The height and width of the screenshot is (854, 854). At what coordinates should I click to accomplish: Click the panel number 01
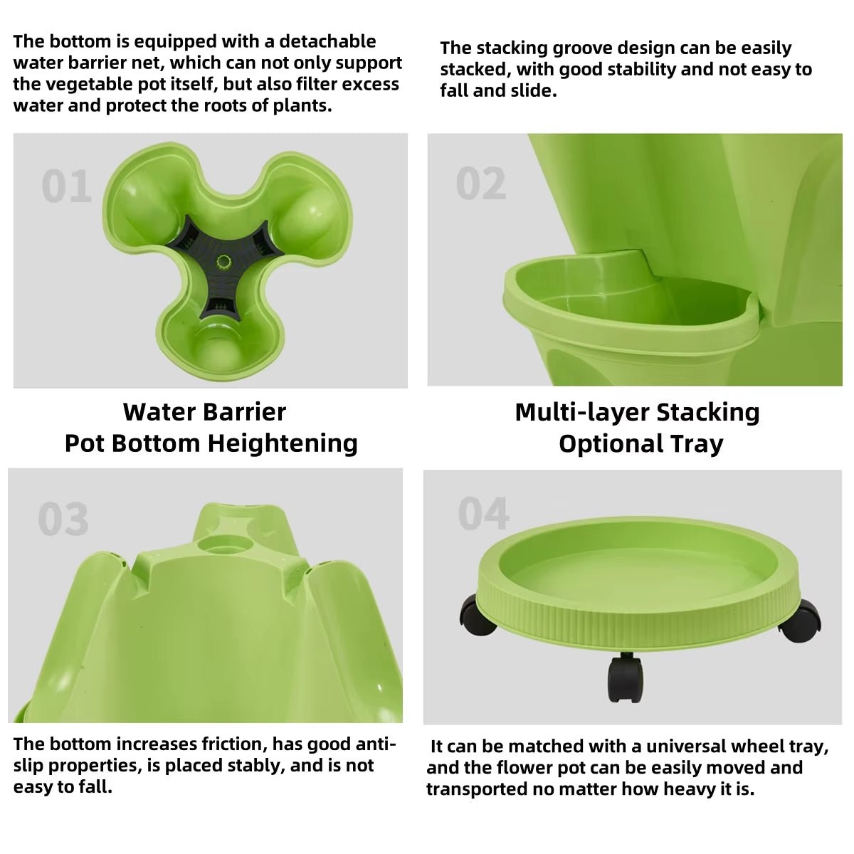[x=66, y=186]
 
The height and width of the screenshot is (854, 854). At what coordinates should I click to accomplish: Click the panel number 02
[x=481, y=184]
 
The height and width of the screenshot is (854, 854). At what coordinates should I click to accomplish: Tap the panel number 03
[x=63, y=519]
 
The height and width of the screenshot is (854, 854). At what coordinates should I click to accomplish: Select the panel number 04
[x=484, y=514]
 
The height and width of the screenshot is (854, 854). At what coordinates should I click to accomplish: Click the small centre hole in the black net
[x=224, y=262]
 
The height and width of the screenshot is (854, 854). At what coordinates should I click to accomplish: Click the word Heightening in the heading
[x=283, y=443]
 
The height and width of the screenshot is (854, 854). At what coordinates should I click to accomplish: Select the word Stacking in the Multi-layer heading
[x=707, y=412]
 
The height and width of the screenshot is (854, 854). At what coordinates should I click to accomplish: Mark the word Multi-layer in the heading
[x=581, y=412]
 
